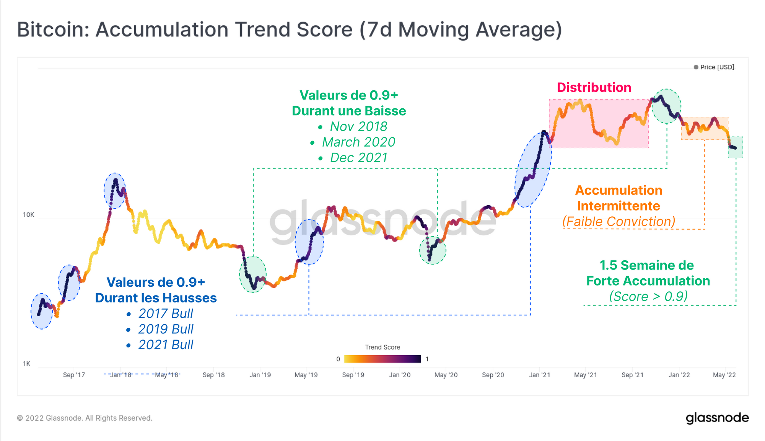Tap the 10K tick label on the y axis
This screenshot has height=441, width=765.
pos(28,215)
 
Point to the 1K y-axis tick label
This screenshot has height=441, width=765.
pos(26,364)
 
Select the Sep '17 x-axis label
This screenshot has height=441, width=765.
pos(74,375)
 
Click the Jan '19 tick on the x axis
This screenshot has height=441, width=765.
pos(260,375)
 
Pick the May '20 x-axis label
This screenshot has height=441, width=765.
pos(446,375)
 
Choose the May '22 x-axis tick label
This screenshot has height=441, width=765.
pos(724,375)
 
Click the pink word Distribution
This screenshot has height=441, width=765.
pos(594,87)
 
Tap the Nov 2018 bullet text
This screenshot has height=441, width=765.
pos(358,126)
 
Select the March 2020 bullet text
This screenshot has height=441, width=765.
pos(358,142)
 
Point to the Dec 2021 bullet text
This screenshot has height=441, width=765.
pos(358,158)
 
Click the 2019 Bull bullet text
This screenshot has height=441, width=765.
pos(166,329)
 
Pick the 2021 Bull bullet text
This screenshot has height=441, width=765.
pos(166,345)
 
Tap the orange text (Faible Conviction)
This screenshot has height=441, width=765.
pos(619,222)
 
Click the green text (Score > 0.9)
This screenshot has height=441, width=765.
pos(648,296)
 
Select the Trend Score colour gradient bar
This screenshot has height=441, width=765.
pos(382,359)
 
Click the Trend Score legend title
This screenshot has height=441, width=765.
pos(382,347)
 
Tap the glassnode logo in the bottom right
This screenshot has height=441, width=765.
pos(717,418)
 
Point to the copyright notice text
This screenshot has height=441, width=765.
pos(85,418)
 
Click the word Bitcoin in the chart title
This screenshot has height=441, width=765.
pos(53,29)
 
